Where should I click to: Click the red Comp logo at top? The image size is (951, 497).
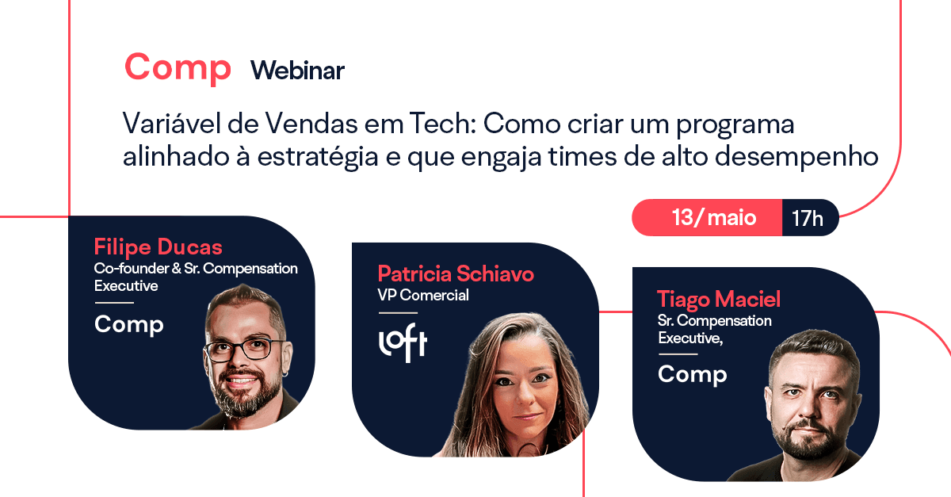[178, 68]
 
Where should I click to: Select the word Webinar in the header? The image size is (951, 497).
[297, 71]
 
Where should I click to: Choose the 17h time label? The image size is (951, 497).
[808, 218]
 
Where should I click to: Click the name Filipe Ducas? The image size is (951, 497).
[158, 245]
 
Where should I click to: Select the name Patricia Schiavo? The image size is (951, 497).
[456, 274]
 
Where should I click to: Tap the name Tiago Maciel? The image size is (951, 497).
[719, 299]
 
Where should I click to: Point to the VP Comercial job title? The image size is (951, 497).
[423, 296]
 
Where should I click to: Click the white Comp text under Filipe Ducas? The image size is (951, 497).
[128, 324]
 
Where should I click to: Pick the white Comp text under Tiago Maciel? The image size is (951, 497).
[692, 373]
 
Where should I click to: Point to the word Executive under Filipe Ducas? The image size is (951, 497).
[126, 285]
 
